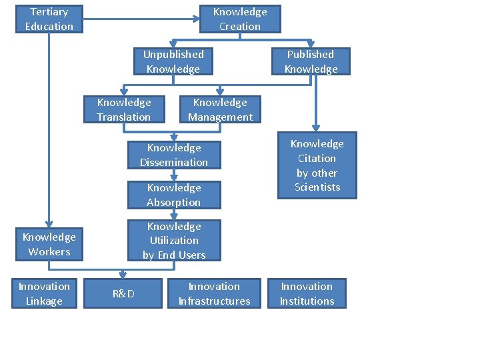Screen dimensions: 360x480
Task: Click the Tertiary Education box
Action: click(49, 19)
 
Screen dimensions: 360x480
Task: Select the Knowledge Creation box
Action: click(240, 19)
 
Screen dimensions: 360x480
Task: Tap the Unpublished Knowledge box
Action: click(173, 61)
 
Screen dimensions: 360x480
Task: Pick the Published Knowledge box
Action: click(311, 61)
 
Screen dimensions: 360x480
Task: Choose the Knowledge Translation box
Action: click(124, 109)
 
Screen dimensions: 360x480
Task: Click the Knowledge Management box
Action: click(220, 109)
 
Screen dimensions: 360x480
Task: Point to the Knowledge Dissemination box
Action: click(174, 155)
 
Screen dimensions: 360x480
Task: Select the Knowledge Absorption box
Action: click(174, 195)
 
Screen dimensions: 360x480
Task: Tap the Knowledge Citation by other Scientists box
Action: click(317, 165)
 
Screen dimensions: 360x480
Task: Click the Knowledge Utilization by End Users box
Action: click(174, 241)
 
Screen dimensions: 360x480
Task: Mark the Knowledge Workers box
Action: click(49, 244)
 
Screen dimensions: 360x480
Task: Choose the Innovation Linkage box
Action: click(44, 293)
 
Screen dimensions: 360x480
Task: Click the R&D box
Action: click(123, 293)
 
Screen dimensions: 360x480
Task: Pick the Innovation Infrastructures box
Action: click(214, 293)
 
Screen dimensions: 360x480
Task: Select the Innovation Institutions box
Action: click(307, 293)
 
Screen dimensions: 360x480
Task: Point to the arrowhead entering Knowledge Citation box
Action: click(316, 129)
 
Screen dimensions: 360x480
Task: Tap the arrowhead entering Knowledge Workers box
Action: click(49, 226)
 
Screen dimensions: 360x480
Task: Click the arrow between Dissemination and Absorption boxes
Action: click(173, 175)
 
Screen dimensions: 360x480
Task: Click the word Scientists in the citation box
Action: click(317, 187)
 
